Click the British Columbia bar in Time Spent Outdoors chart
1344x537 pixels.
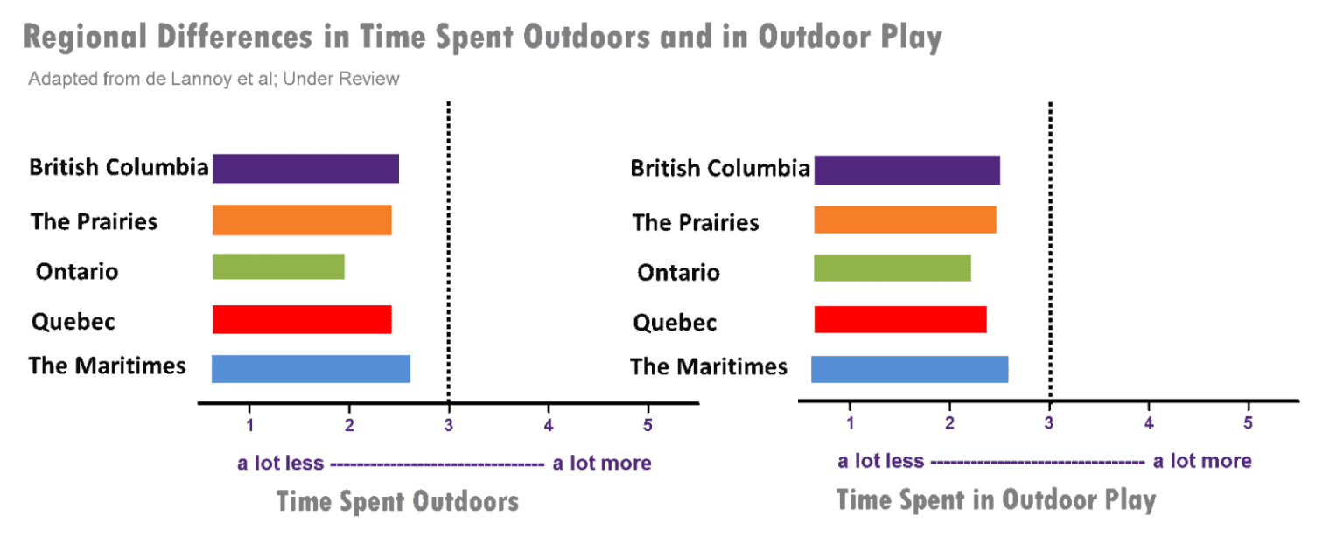(x=304, y=169)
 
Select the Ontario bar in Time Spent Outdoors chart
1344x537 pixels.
(x=278, y=267)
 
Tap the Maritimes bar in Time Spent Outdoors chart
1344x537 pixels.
(x=311, y=369)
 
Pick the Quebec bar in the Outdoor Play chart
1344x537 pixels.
(x=899, y=319)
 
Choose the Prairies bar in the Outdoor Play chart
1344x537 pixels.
(x=905, y=220)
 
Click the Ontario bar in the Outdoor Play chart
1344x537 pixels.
(x=892, y=268)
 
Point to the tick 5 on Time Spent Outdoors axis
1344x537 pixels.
(x=647, y=425)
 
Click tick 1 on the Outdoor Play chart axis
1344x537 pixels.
(x=850, y=424)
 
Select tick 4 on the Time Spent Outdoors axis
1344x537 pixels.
(x=549, y=425)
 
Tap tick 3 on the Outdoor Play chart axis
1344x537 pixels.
(x=1048, y=424)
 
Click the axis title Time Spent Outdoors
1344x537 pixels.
(x=397, y=502)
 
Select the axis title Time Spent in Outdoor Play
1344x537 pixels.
(x=996, y=500)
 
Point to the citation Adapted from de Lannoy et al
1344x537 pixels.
(x=213, y=80)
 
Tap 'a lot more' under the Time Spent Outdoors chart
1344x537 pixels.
(x=602, y=463)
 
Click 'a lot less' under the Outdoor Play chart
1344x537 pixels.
(x=880, y=461)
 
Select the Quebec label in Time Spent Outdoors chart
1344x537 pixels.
(x=73, y=322)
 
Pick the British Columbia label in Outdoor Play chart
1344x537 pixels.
(x=719, y=169)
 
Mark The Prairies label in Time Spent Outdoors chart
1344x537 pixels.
(x=93, y=221)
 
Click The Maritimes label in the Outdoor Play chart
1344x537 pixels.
(x=709, y=367)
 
